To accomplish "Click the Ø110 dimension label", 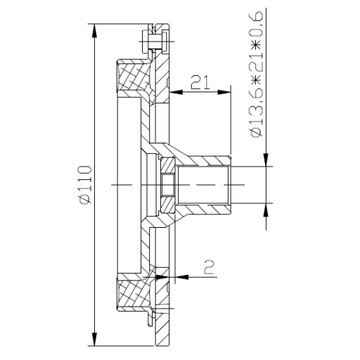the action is [86, 184].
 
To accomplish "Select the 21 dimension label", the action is [200, 82].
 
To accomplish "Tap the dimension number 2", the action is [209, 267].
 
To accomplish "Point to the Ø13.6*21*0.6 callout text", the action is [257, 74].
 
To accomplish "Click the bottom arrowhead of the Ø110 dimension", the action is [95, 339].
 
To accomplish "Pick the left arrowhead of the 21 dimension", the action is [177, 92].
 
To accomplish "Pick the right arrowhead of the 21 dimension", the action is [224, 92].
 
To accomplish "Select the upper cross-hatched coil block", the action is [133, 77].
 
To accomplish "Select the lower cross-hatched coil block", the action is [133, 293].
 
